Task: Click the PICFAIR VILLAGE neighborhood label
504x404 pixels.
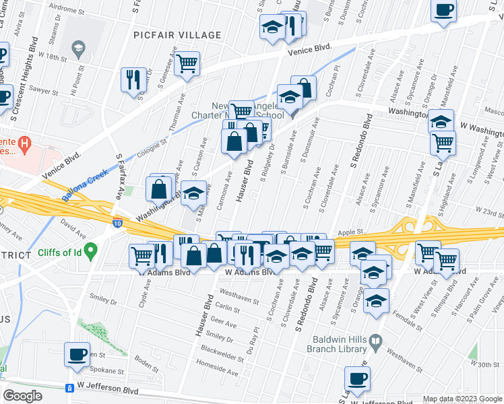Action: [177, 35]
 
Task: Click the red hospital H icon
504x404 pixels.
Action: [25, 143]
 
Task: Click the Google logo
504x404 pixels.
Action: [22, 396]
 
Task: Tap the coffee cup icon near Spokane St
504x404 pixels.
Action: [76, 353]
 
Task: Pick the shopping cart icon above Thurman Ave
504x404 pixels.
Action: [188, 64]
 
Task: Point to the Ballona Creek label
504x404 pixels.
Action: [86, 189]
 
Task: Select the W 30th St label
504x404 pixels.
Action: [486, 364]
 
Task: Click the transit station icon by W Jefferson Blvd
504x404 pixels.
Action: [68, 389]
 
